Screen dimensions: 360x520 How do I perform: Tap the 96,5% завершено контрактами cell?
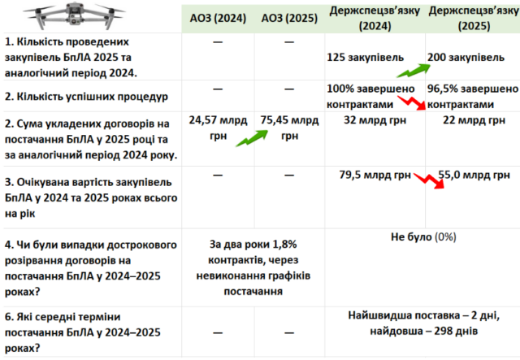[x=471, y=95]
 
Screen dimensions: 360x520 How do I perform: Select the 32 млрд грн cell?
[x=373, y=119]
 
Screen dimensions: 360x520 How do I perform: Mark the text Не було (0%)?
[x=423, y=236]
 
